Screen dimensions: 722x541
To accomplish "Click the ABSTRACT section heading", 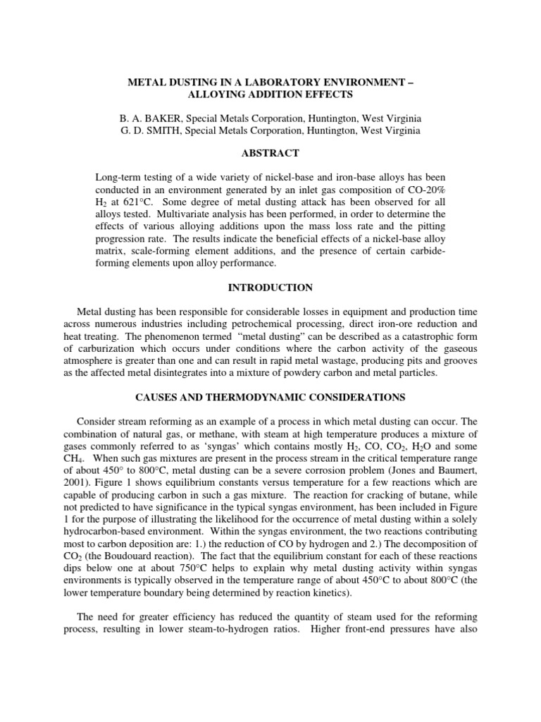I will click(270, 153).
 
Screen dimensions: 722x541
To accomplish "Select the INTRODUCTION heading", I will click(270, 288).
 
